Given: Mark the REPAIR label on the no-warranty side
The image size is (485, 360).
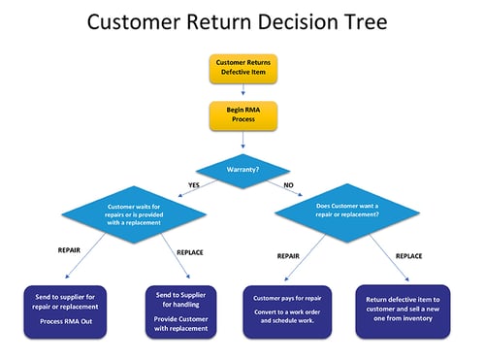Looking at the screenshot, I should click(289, 257).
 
